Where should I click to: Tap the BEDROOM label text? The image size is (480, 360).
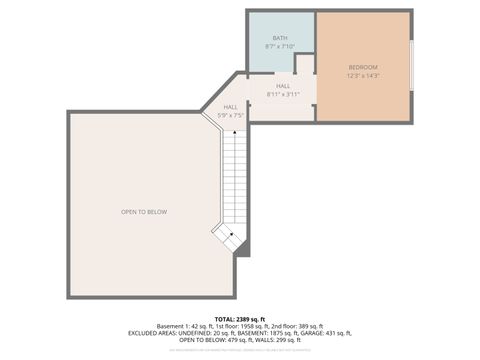(x=363, y=67)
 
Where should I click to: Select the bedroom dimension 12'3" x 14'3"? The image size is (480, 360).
(x=363, y=76)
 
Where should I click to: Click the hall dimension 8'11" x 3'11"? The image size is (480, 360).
(x=284, y=95)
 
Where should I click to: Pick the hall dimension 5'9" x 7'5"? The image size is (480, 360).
(x=231, y=115)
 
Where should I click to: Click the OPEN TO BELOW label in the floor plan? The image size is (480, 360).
(x=144, y=211)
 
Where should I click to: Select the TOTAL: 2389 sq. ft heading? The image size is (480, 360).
(x=240, y=318)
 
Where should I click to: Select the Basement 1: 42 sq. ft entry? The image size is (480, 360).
(x=187, y=326)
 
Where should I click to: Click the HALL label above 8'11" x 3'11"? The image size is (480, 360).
(x=284, y=87)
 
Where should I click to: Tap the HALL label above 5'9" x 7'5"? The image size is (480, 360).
(x=231, y=107)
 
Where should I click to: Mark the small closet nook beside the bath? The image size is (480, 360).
(x=305, y=64)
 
